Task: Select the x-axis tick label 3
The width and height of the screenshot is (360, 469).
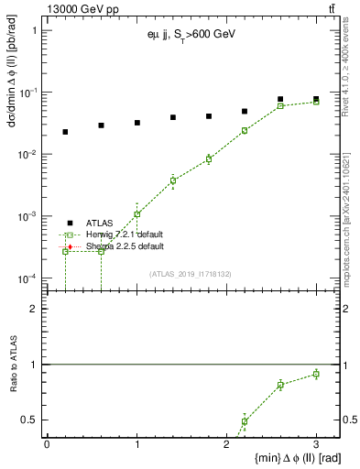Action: pos(316,444)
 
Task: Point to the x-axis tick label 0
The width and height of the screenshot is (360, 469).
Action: pos(47,444)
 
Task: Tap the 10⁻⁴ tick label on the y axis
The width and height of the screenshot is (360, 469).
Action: pos(31,278)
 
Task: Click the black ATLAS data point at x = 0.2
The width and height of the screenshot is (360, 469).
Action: pos(65,132)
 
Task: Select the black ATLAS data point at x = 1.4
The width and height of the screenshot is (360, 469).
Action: pos(173,117)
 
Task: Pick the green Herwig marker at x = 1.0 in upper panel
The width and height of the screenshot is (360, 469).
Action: pos(137,214)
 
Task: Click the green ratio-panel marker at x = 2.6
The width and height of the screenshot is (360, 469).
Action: pos(281,385)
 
